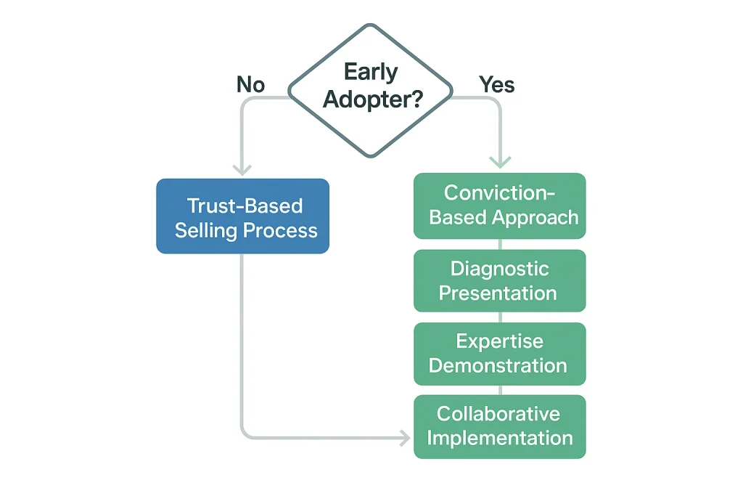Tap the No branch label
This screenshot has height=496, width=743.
coord(250,85)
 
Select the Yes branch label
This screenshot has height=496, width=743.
coord(497,85)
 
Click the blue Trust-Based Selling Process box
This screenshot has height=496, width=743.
coord(243,216)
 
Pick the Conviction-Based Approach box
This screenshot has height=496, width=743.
coord(499,206)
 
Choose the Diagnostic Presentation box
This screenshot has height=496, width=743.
coord(499,280)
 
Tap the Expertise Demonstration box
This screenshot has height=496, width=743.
coord(499,353)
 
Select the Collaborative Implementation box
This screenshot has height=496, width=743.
coord(499,426)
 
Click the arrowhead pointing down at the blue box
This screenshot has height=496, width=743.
coord(242,169)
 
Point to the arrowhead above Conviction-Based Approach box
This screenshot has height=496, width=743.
coord(500,162)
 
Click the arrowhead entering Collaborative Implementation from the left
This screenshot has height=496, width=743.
coord(403,438)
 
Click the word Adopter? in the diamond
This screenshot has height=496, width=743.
coord(372,99)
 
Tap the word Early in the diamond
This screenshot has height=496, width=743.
coord(371,73)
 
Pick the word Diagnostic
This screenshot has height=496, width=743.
coord(499,269)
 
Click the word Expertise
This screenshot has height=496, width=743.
coord(499,341)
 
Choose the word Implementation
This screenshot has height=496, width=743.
coord(499,439)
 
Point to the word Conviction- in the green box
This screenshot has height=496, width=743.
coord(499,193)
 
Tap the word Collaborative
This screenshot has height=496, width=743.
coord(498,414)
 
